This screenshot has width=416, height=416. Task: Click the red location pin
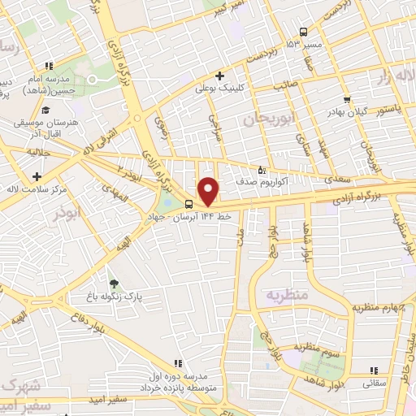click(x=208, y=191)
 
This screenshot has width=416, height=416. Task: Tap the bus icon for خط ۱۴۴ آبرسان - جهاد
click(x=188, y=204)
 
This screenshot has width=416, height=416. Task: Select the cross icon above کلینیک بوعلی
click(x=220, y=76)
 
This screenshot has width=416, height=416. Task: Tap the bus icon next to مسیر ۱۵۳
click(x=302, y=32)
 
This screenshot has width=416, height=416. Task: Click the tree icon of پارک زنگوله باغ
click(x=113, y=284)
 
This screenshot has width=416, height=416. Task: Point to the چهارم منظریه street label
click(x=384, y=306)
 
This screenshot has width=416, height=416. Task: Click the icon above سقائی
click(x=381, y=365)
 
